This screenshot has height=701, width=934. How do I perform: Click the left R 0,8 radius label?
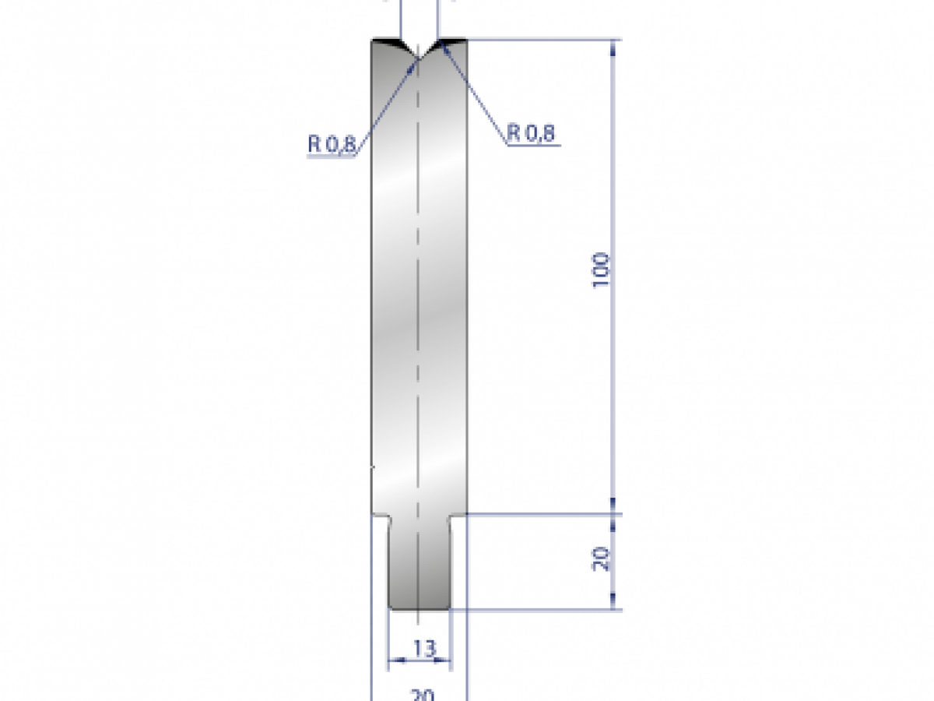(x=330, y=144)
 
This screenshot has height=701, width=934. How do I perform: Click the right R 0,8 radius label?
(x=532, y=133)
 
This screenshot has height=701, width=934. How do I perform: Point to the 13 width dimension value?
(x=420, y=647)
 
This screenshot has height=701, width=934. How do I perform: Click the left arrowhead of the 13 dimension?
(x=394, y=660)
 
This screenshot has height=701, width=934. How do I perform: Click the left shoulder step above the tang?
(x=380, y=515)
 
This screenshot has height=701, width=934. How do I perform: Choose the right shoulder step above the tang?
(x=458, y=515)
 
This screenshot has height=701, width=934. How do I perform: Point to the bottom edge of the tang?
(x=419, y=609)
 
